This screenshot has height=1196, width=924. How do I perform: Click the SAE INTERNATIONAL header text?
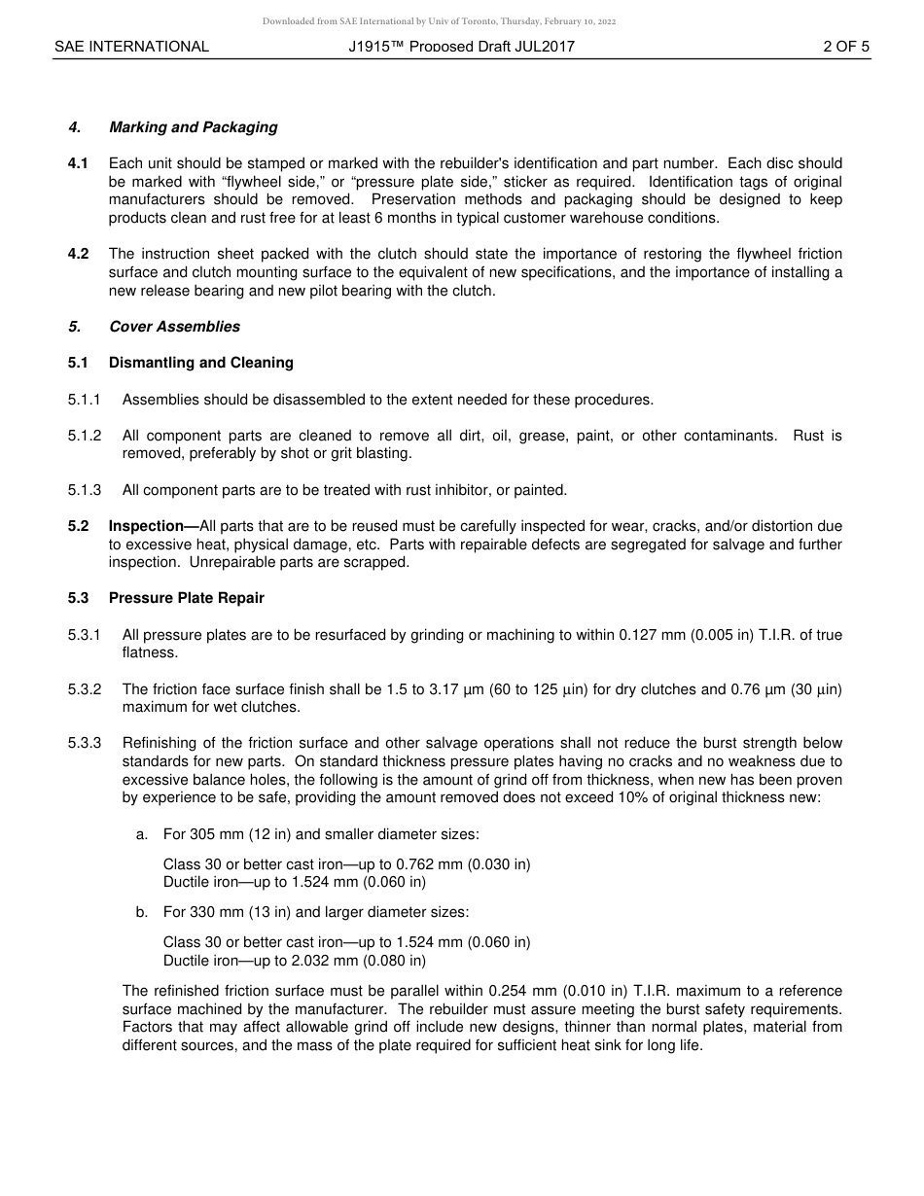131,46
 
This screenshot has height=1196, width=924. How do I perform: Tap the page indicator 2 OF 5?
845,46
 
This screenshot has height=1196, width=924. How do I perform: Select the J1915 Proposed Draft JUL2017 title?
461,46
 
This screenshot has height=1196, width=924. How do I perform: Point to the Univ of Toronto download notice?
439,21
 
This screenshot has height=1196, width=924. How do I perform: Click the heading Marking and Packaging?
193,127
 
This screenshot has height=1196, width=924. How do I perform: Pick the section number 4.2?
78,254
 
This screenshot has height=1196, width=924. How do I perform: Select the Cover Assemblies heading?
174,327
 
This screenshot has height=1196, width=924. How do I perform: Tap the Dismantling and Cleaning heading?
200,363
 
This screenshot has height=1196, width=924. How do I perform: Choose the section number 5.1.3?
85,490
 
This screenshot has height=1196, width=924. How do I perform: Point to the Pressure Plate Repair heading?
186,598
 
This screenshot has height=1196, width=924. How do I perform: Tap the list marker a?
142,834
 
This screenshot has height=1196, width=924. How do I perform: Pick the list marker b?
142,912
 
